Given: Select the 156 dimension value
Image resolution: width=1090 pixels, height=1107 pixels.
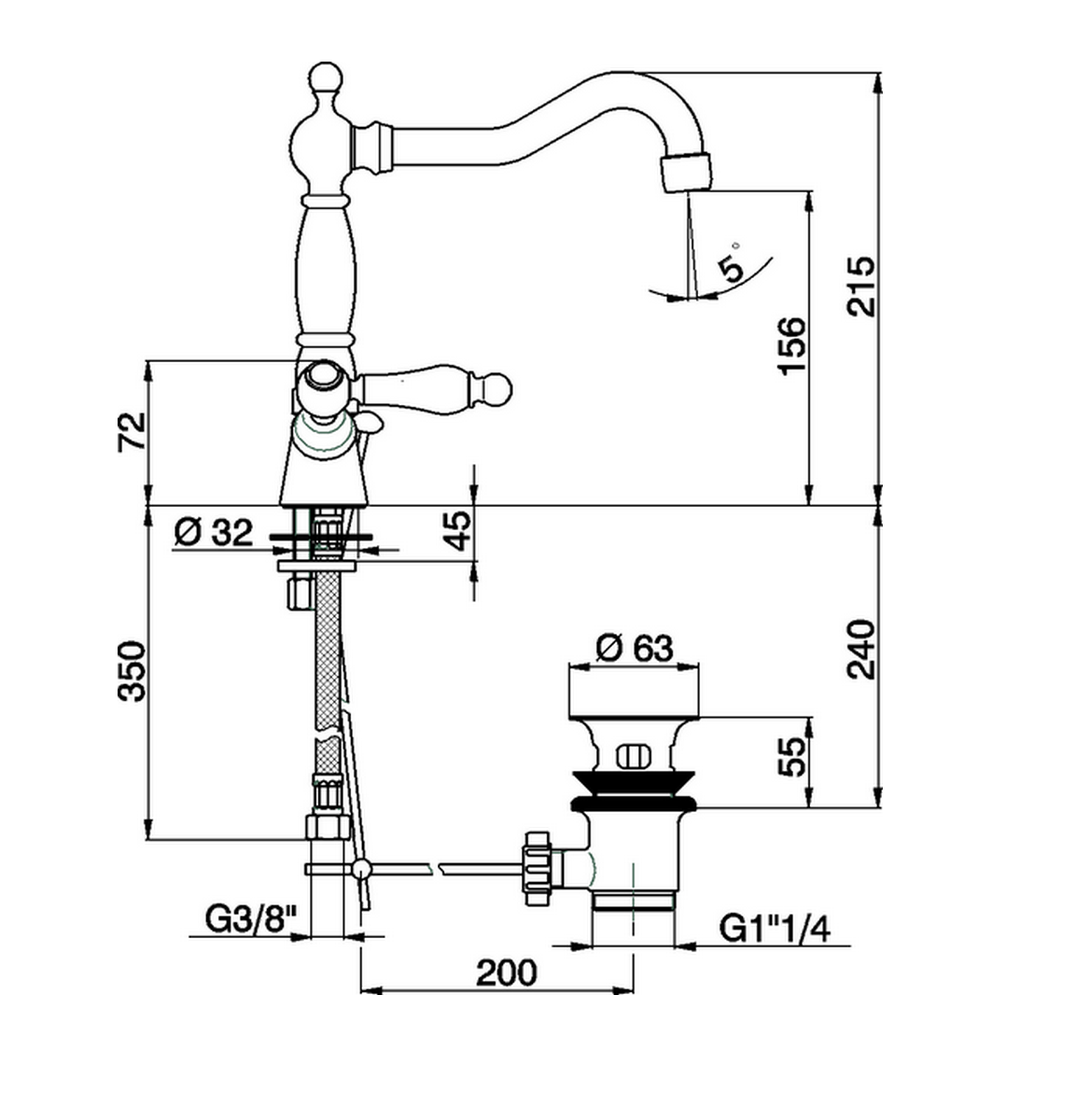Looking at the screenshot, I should pyautogui.click(x=790, y=346).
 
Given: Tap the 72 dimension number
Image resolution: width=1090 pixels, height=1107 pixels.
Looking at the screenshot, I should pyautogui.click(x=133, y=430).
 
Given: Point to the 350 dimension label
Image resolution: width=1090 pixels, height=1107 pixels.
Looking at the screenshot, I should pyautogui.click(x=133, y=670).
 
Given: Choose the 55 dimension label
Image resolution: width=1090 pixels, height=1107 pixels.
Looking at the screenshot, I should pyautogui.click(x=790, y=757).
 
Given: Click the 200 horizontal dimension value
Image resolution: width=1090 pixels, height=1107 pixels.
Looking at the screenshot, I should pyautogui.click(x=507, y=972).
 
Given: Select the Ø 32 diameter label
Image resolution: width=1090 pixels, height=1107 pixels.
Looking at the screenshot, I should pyautogui.click(x=214, y=533).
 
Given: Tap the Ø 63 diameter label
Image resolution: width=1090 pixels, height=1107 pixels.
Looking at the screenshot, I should pyautogui.click(x=634, y=647).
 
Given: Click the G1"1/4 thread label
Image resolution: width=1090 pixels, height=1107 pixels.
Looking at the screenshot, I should pyautogui.click(x=775, y=929).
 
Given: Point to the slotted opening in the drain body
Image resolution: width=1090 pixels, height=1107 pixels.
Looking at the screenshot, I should pyautogui.click(x=634, y=754).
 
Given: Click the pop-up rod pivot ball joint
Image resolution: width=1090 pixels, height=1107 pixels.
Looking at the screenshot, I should pyautogui.click(x=360, y=869).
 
